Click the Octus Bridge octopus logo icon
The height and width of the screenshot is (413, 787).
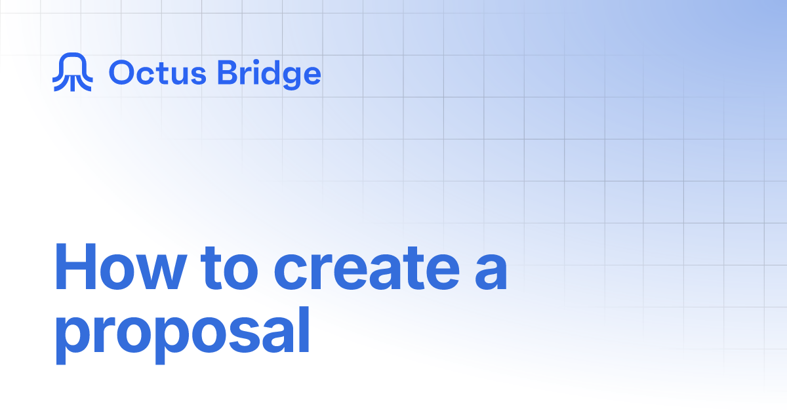tap(71, 73)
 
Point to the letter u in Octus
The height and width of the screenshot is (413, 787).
tap(178, 76)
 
